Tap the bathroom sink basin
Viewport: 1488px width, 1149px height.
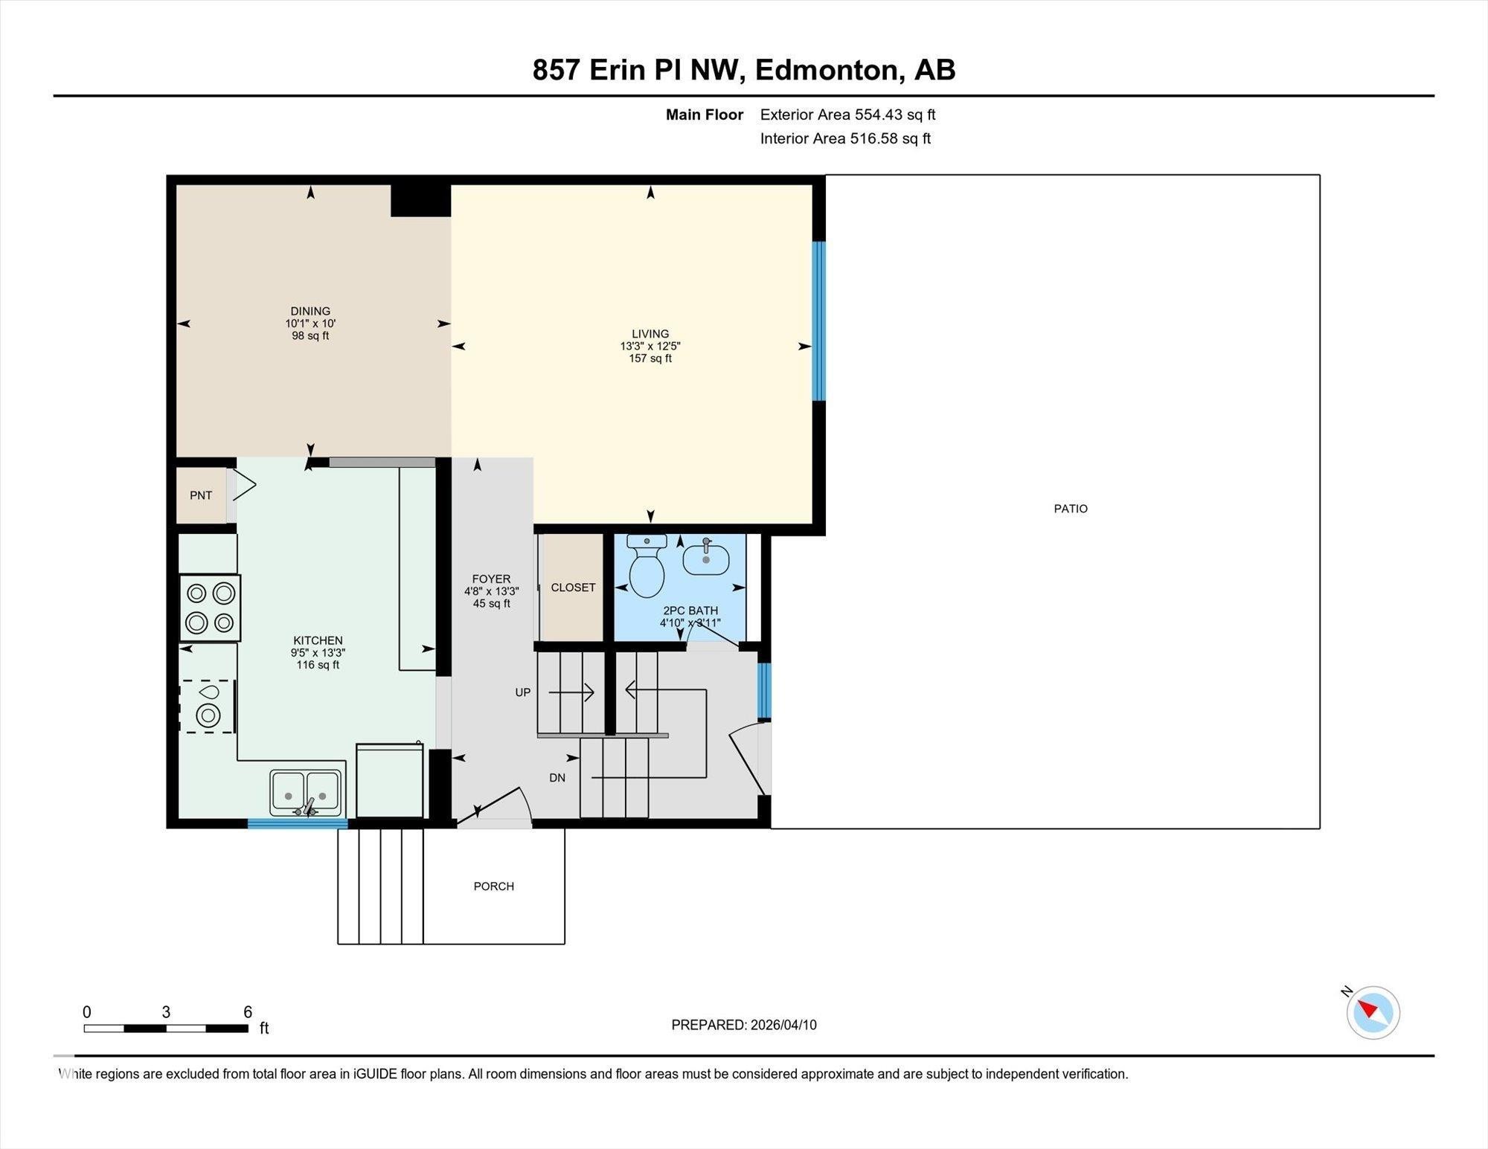706,559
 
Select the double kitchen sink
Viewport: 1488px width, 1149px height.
305,793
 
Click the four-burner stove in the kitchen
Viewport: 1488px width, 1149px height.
210,608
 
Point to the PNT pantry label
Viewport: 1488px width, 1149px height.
201,495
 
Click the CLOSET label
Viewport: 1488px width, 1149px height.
573,588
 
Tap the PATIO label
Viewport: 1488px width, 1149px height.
1071,509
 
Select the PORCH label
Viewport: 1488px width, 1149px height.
494,886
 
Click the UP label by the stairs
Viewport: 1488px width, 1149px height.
523,692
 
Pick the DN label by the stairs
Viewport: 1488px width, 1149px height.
557,778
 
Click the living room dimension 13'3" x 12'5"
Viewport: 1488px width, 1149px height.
650,347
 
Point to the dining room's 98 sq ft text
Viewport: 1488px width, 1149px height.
310,336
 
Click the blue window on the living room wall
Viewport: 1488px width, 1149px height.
818,321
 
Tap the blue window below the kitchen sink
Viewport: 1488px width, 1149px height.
298,823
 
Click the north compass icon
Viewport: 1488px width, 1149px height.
1373,1012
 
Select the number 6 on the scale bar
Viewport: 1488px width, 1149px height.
248,1012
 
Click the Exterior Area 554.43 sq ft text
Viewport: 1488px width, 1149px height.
847,115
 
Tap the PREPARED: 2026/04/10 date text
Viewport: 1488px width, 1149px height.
744,1025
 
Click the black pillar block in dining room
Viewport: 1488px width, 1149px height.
420,201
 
